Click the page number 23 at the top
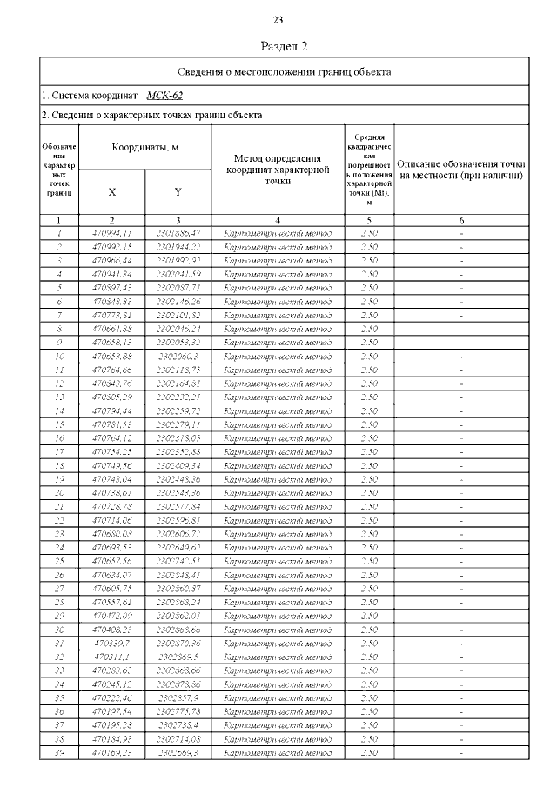pyautogui.click(x=278, y=19)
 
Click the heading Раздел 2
pyautogui.click(x=285, y=46)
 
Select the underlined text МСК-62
pyautogui.click(x=164, y=96)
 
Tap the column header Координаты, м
pyautogui.click(x=144, y=147)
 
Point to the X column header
pyautogui.click(x=112, y=191)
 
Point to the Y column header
pyautogui.click(x=178, y=191)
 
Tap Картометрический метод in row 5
pyautogui.click(x=278, y=288)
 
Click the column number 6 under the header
pyautogui.click(x=461, y=220)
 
